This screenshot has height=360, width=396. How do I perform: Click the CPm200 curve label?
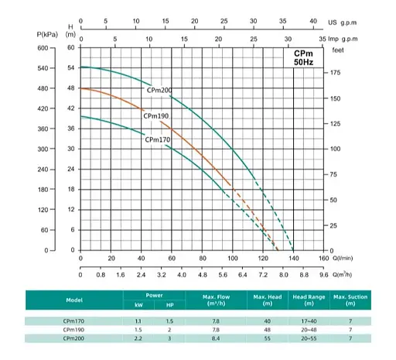[x=159, y=91]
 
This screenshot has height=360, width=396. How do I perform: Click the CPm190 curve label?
[x=157, y=115]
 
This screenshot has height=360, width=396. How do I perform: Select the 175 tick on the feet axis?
[x=336, y=73]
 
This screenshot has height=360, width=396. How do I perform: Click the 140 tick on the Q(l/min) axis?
[x=292, y=259]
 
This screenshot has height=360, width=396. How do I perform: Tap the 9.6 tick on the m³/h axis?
[x=323, y=273]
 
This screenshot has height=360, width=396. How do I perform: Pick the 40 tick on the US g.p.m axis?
[x=312, y=22]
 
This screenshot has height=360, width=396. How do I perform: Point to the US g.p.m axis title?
[x=345, y=22]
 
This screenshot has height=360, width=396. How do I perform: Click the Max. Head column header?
[x=265, y=298]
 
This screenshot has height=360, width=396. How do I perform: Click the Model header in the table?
[x=74, y=299]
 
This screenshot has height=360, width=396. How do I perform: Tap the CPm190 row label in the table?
[x=74, y=329]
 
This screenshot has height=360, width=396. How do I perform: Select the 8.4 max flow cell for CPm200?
[x=215, y=338]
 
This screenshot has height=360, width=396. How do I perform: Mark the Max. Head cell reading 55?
[x=265, y=338]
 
